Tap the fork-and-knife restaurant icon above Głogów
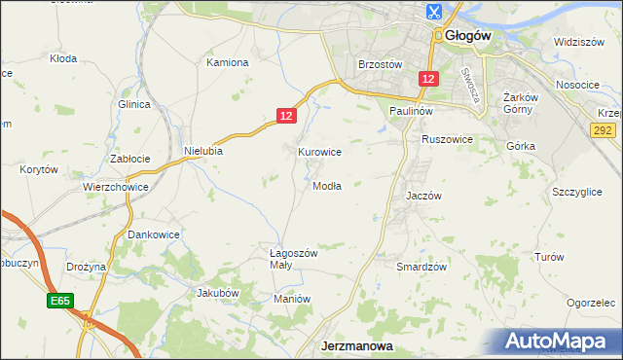pos(433,13)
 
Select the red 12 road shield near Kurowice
pos(285,116)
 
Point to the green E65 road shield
pos(58,303)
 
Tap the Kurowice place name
pos(319,152)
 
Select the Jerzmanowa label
pos(356,346)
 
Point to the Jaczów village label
pos(423,196)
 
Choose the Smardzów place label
pos(421,267)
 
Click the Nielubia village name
pos(203,151)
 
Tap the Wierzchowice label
pos(115,187)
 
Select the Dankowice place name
pos(155,234)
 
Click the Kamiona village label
pos(228,62)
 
